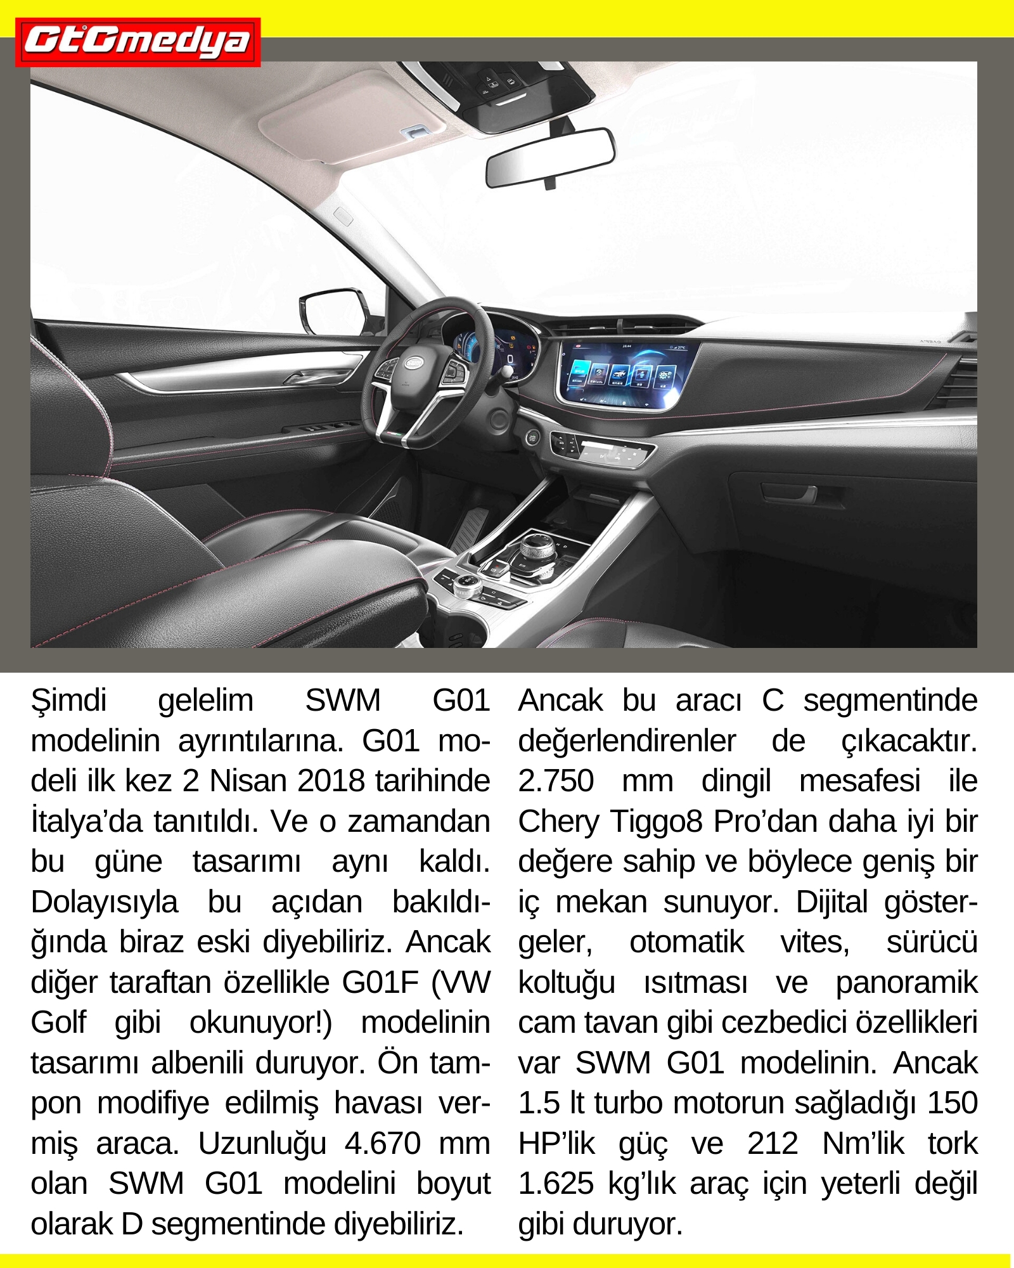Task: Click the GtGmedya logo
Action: coord(138,42)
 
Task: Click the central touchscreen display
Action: coord(624,375)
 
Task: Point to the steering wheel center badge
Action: coord(414,363)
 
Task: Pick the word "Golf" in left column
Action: coord(58,1023)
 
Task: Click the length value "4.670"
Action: coord(383,1144)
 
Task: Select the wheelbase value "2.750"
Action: coord(556,781)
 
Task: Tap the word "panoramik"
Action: coord(906,983)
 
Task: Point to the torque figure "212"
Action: coord(773,1144)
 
